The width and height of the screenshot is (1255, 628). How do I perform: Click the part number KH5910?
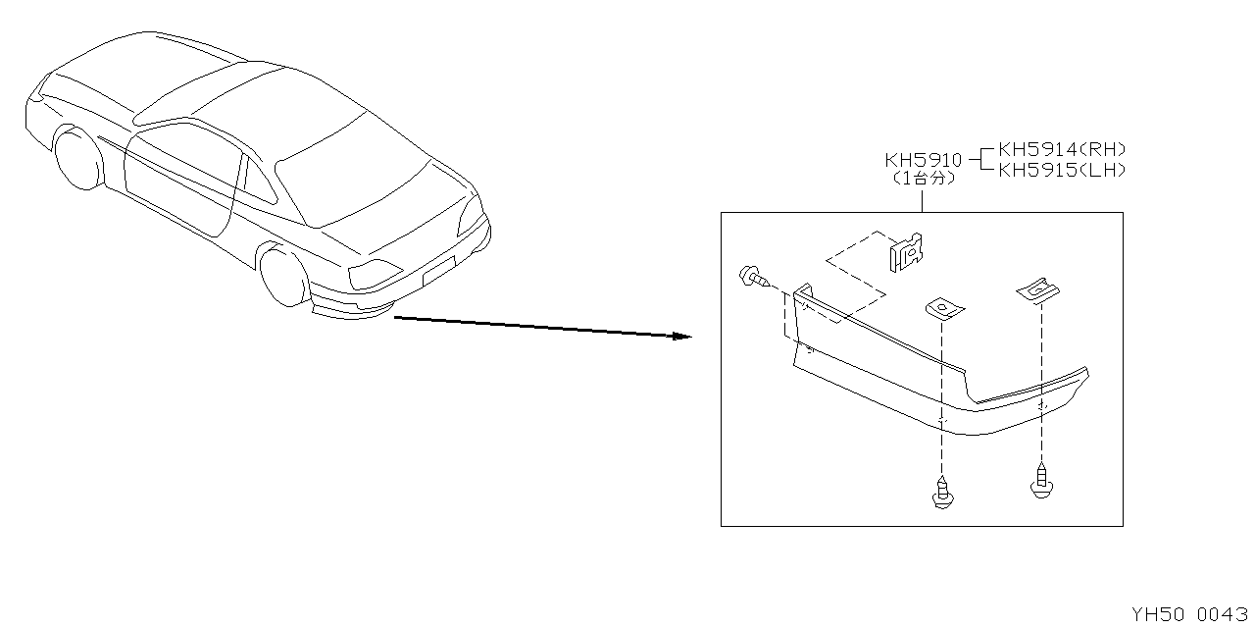(923, 160)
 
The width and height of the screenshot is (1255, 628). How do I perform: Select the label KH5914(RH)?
(1062, 150)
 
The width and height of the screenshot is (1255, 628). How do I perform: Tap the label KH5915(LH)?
(1062, 170)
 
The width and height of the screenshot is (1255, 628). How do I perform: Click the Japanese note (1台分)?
(923, 179)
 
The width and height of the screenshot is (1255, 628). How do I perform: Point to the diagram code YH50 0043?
(1189, 614)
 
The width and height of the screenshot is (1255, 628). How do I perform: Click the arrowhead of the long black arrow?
(682, 336)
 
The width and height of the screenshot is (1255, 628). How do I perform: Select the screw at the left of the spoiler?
(754, 278)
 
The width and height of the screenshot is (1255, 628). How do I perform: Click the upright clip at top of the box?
(906, 253)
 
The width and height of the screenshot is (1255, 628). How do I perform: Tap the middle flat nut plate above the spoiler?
(944, 309)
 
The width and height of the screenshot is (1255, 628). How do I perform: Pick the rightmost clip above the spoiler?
(1038, 290)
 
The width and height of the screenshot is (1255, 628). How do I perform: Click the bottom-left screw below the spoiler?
(942, 493)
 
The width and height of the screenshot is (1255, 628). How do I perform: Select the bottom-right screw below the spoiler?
(1041, 481)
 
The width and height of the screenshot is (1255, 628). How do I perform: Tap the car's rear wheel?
(284, 277)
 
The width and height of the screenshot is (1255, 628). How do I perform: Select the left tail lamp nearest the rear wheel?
(375, 274)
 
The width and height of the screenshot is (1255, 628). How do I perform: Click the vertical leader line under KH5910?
(923, 201)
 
